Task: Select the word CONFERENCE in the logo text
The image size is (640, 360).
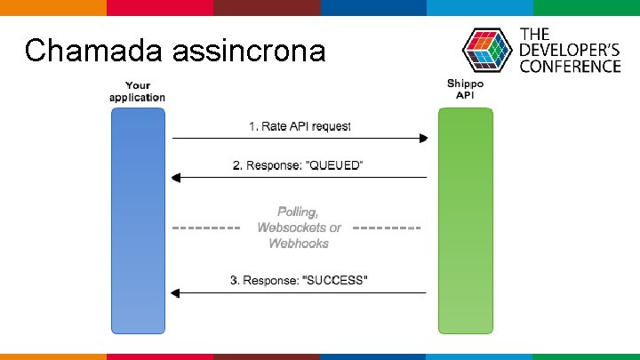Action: click(x=570, y=66)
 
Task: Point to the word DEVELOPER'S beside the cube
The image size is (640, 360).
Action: click(x=570, y=50)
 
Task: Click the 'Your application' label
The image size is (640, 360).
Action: click(x=137, y=91)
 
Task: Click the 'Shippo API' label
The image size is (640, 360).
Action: click(x=465, y=89)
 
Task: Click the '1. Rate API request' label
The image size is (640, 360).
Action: click(x=300, y=126)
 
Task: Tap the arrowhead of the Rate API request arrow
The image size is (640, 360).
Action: click(x=423, y=138)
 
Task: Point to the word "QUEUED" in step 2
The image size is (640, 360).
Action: click(x=335, y=165)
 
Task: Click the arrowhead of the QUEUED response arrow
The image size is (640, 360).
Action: click(x=177, y=177)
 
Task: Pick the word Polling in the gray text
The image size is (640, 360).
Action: click(x=298, y=212)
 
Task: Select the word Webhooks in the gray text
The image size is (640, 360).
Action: click(x=299, y=243)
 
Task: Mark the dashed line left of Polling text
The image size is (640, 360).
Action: click(x=205, y=228)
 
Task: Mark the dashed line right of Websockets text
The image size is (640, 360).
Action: click(x=387, y=228)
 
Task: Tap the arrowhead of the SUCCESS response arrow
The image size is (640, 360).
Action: click(x=177, y=292)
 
